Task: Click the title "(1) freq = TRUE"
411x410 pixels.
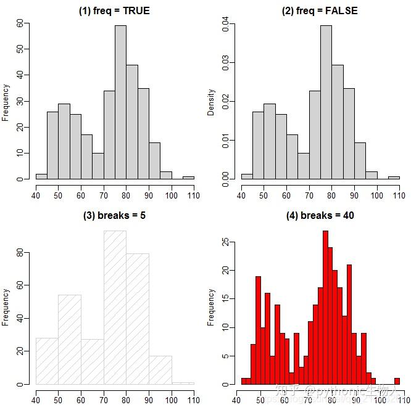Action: [114, 10]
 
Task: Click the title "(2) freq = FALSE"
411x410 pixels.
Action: [320, 10]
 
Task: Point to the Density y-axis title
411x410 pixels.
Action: [212, 102]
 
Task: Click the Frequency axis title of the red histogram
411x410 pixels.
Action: [212, 307]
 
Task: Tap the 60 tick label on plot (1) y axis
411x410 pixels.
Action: [20, 23]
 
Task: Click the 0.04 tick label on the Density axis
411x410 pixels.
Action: [225, 23]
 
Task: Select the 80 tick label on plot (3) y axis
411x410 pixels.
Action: [20, 253]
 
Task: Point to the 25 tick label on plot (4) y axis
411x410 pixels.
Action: [225, 243]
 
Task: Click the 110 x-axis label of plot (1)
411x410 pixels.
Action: [194, 195]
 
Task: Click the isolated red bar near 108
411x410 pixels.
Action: [397, 381]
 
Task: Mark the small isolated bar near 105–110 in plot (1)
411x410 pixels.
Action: [188, 178]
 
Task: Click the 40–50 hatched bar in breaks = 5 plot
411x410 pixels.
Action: [47, 361]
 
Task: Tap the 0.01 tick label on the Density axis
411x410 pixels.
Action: [225, 140]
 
